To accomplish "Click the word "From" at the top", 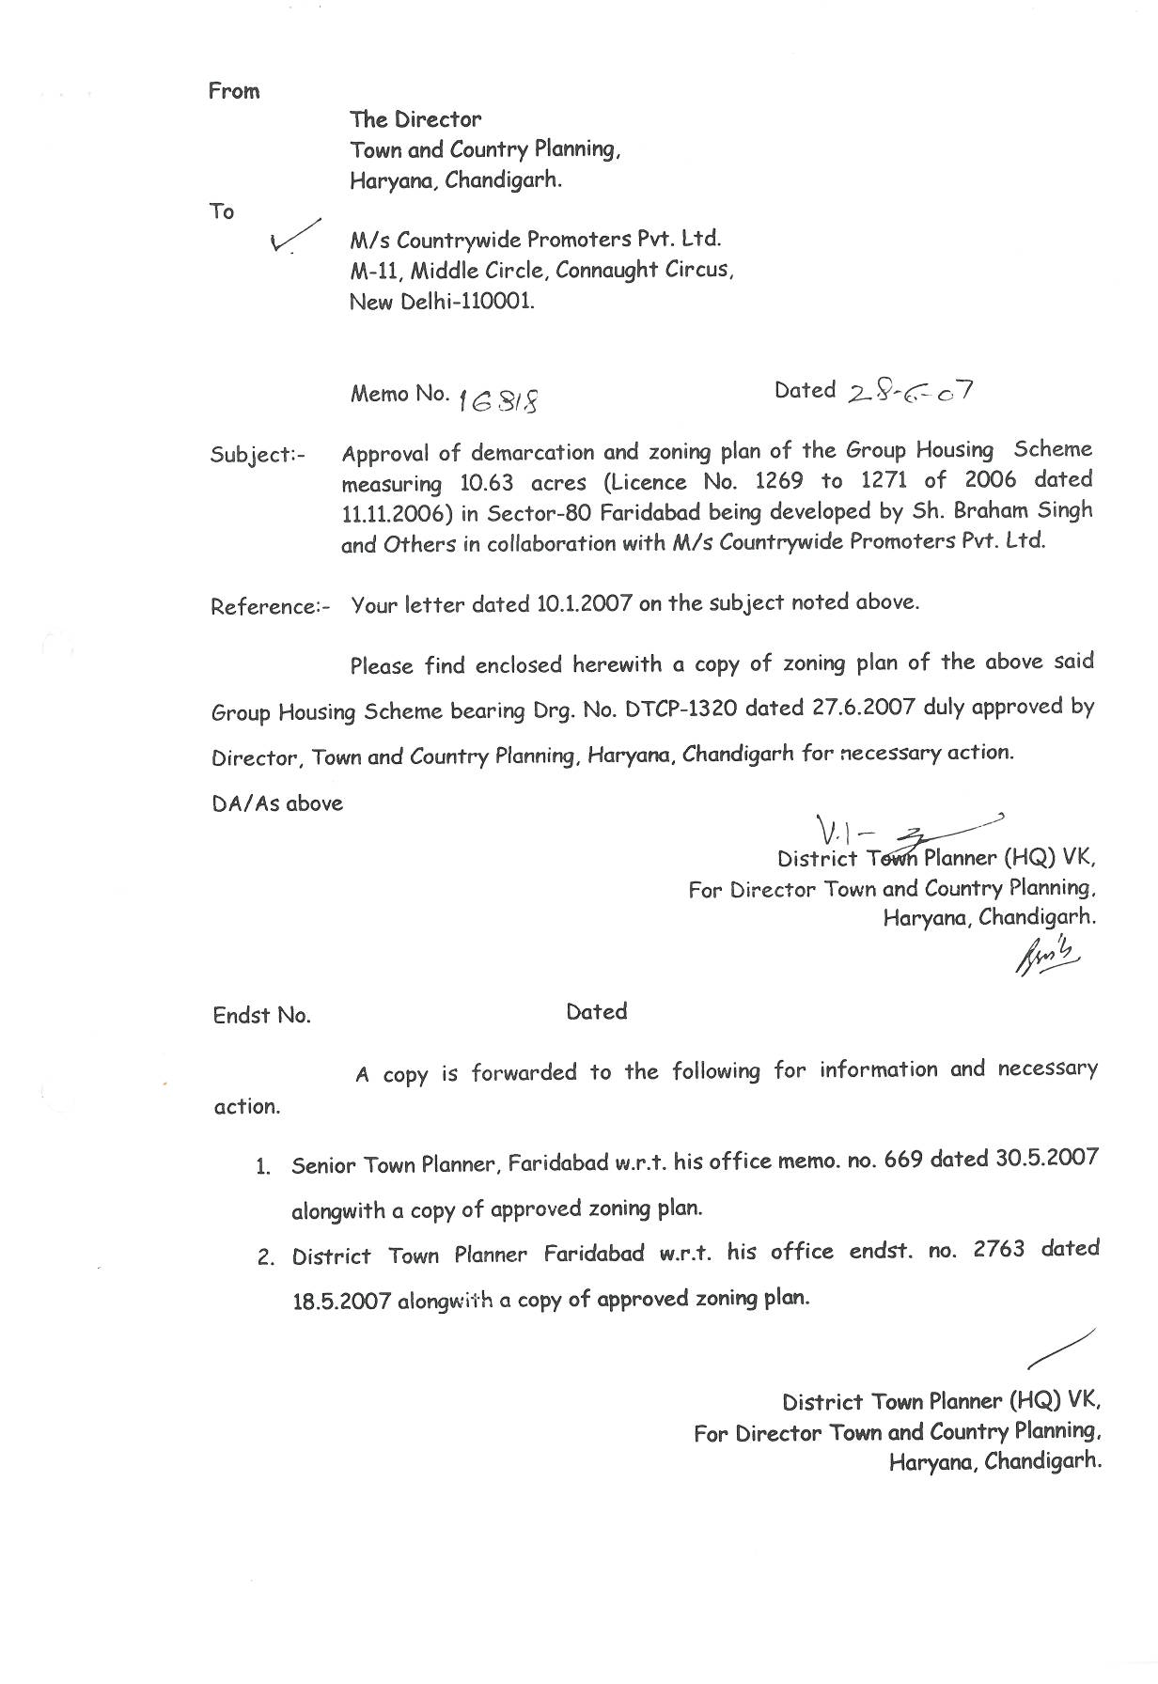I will point(234,91).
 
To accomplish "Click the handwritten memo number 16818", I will point(499,400).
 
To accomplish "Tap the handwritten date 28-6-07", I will point(910,390).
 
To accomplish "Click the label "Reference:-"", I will point(270,606).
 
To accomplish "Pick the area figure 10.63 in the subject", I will point(484,483).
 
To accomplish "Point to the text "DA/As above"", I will point(277,804).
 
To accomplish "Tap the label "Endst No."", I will point(261,1016).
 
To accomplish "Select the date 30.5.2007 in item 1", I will point(1046,1158).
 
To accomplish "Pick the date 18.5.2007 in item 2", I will point(341,1302).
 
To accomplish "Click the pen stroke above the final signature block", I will point(1061,1348).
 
